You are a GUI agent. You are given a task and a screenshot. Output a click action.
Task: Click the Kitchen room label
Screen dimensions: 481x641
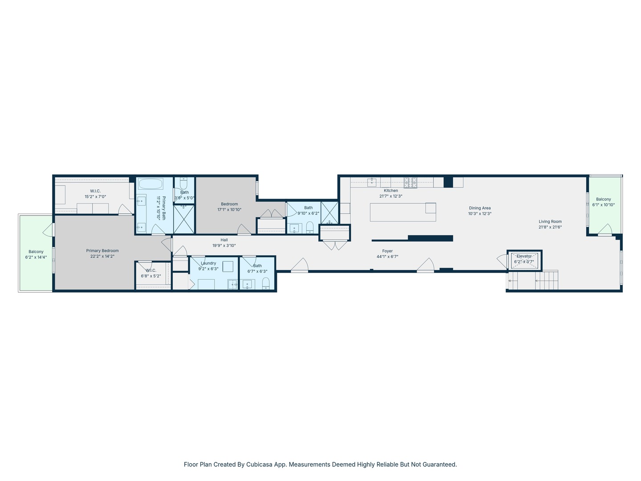[391, 191]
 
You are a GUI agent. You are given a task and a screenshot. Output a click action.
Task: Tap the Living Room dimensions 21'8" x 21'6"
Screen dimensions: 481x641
[550, 227]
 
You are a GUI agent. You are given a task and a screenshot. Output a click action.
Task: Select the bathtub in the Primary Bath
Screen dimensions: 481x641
[150, 184]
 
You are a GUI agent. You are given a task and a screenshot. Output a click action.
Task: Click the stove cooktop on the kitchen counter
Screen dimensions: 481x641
[410, 182]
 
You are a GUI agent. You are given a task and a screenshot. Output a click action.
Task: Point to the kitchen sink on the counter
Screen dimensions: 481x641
[372, 182]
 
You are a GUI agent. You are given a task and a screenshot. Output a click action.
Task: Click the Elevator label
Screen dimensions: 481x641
[524, 256]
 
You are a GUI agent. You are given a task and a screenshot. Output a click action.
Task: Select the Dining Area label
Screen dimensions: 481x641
[479, 208]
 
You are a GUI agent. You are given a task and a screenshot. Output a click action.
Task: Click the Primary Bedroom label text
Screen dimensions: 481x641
[102, 251]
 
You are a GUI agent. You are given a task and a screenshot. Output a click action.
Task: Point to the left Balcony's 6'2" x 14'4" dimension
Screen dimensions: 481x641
[36, 257]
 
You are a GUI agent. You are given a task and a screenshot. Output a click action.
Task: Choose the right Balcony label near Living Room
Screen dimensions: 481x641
[603, 199]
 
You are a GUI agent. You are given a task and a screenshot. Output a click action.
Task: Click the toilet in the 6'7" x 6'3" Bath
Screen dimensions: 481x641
[266, 283]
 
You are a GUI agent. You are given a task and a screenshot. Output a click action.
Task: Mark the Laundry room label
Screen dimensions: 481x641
[208, 263]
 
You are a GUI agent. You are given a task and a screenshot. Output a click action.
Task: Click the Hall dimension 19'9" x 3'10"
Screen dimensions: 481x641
[224, 245]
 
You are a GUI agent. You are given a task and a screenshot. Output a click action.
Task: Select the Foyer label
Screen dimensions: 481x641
[387, 251]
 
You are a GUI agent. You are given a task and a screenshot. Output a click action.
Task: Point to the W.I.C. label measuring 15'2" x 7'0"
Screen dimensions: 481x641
[95, 191]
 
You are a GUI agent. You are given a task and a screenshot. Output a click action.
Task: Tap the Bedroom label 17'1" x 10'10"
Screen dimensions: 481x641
[229, 204]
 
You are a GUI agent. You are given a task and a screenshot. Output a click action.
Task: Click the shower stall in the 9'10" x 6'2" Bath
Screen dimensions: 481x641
[329, 213]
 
